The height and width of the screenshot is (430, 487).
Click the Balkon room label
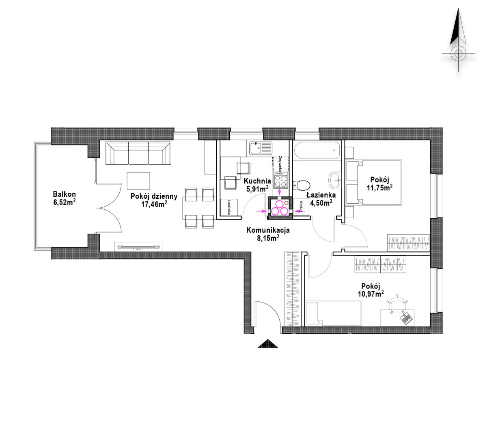[64, 194]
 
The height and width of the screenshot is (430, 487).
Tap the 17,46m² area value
[154, 204]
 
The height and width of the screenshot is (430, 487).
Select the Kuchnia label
[257, 181]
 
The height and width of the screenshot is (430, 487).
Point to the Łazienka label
[321, 195]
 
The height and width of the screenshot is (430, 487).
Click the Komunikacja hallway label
[268, 230]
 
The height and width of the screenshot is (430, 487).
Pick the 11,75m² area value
[379, 187]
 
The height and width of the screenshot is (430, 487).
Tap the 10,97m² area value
[371, 294]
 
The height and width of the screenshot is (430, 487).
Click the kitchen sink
[261, 148]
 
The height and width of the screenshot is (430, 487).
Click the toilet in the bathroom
[302, 185]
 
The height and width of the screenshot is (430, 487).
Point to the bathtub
[317, 150]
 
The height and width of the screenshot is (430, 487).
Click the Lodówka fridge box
[229, 207]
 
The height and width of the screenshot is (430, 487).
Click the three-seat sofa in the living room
[138, 153]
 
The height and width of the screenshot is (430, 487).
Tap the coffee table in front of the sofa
[138, 181]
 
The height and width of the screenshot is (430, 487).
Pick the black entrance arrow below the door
[268, 344]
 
